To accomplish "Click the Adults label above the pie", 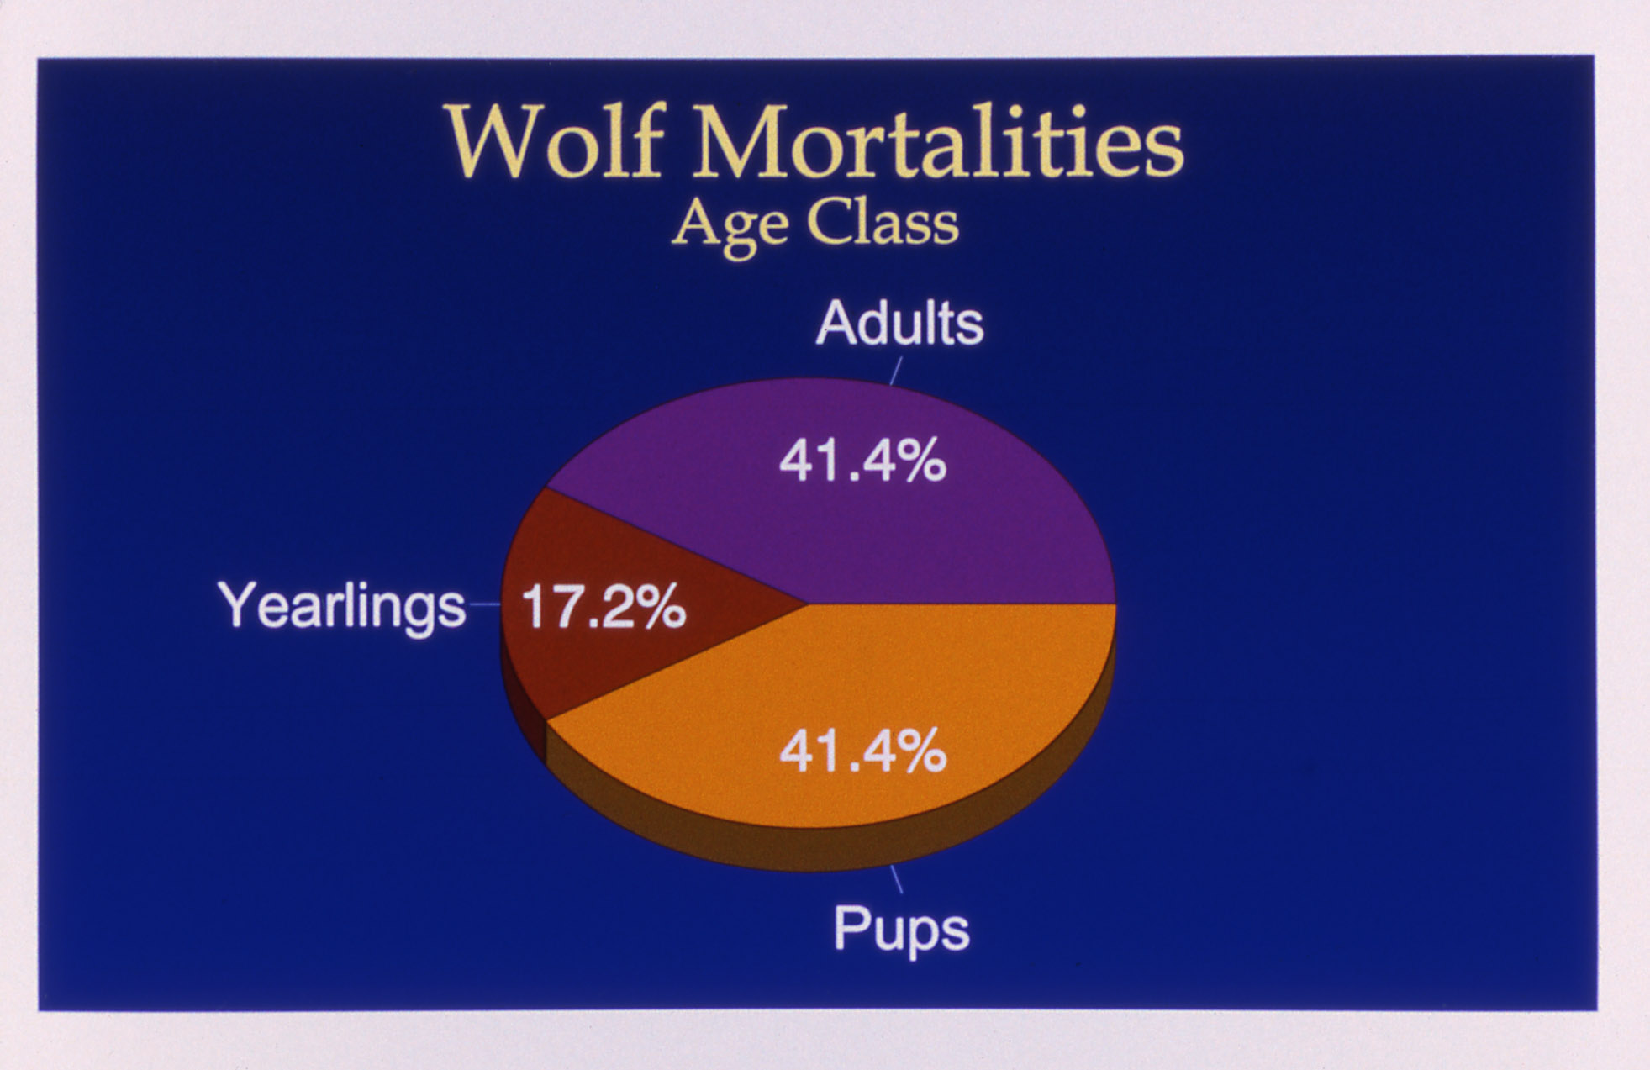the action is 899,324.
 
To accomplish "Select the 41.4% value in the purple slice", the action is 862,461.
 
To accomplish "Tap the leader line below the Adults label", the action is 896,371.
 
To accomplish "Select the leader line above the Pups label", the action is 896,879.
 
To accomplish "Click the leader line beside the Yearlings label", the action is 484,604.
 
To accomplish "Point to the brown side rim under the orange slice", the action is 841,845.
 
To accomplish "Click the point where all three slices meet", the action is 808,604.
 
